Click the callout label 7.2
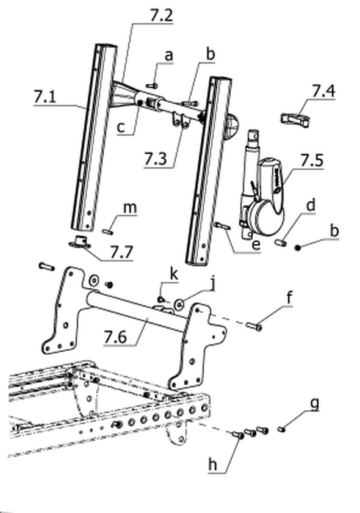(162, 15)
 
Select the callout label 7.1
(45, 97)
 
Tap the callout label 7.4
(323, 91)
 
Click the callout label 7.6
(115, 337)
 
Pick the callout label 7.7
(121, 252)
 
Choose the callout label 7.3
(156, 159)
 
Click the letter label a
(168, 56)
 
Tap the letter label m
(130, 208)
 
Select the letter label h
(213, 464)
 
